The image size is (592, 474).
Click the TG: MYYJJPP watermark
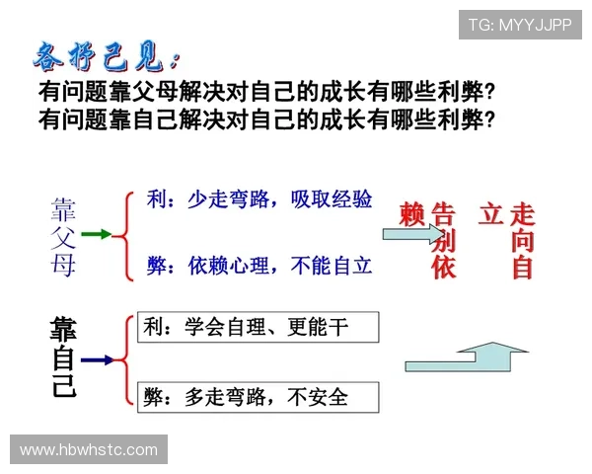520,25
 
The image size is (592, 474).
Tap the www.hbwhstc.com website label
89,450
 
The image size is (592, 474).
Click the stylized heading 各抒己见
108,56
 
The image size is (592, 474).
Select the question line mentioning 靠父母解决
265,93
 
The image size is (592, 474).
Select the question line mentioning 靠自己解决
265,119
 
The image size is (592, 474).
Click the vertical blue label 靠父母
64,235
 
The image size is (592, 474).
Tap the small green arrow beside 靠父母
96,235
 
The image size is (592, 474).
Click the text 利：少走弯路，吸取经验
259,198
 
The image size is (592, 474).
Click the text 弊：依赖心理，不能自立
259,265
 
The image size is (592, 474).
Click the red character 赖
411,214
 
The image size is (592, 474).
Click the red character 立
490,214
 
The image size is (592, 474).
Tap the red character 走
523,214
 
